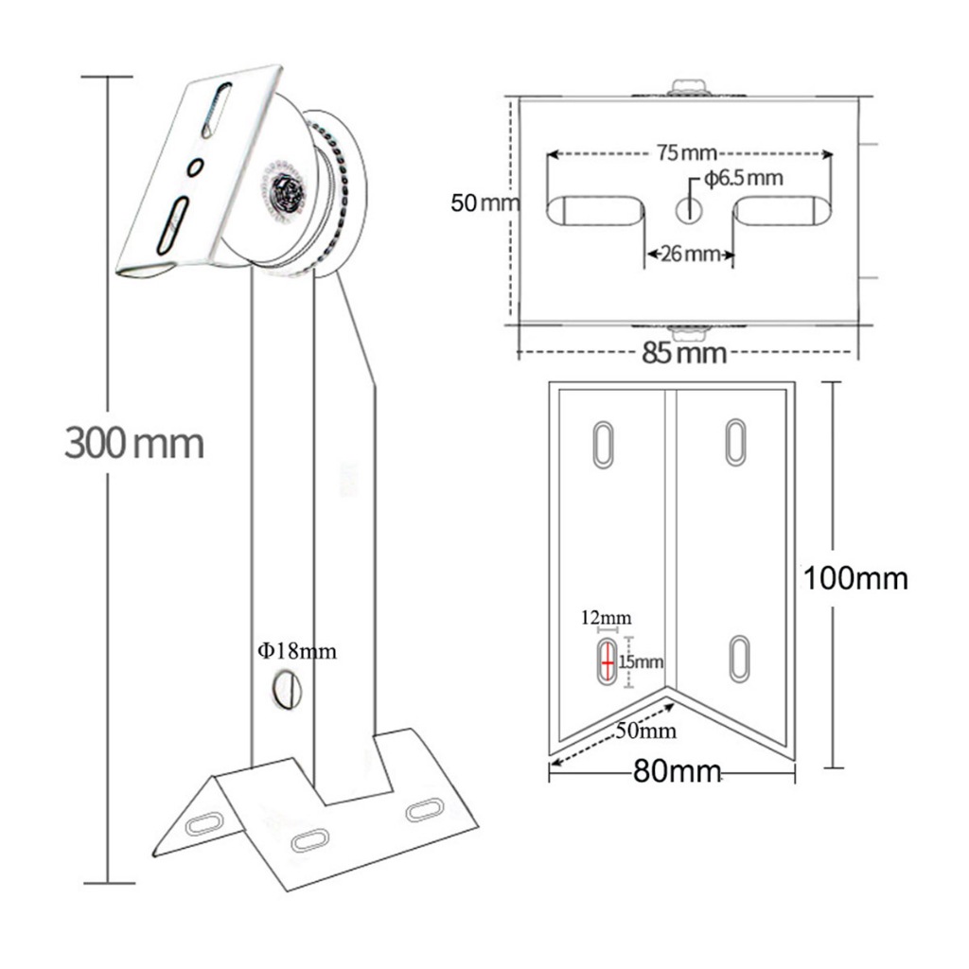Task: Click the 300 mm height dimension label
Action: coord(134,442)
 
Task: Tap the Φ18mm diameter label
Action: coord(298,651)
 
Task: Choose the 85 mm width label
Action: coord(685,354)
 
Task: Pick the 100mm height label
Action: coord(855,577)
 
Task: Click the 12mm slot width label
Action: coord(606,619)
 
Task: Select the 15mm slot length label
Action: coord(642,661)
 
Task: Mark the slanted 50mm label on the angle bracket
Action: coord(643,730)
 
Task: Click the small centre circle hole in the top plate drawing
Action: coord(690,209)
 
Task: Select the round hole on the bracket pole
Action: coord(286,690)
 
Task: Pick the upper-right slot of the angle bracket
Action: coord(735,441)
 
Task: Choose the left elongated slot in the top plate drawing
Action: coord(595,210)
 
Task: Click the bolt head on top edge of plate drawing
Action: coord(690,87)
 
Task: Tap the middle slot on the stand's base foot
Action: coord(310,839)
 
